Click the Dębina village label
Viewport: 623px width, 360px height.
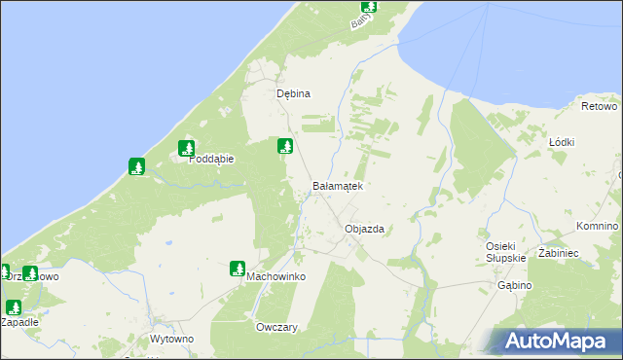click(293, 94)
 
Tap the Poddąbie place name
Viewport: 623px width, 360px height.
click(207, 162)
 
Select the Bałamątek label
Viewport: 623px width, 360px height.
click(337, 185)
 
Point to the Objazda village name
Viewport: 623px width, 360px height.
click(365, 230)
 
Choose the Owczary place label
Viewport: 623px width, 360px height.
click(275, 328)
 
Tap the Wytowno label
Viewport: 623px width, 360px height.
click(172, 339)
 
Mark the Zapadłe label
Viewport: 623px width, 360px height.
click(18, 321)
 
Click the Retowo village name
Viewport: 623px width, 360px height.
click(600, 105)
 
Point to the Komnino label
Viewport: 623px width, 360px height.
click(597, 226)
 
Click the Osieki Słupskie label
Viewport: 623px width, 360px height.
click(506, 251)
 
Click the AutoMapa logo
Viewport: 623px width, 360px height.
click(556, 341)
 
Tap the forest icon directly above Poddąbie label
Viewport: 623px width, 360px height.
click(186, 149)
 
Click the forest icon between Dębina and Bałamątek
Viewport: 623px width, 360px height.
click(285, 147)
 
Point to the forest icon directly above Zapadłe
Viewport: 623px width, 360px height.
click(13, 306)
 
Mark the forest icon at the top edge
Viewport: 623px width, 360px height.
click(369, 5)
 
